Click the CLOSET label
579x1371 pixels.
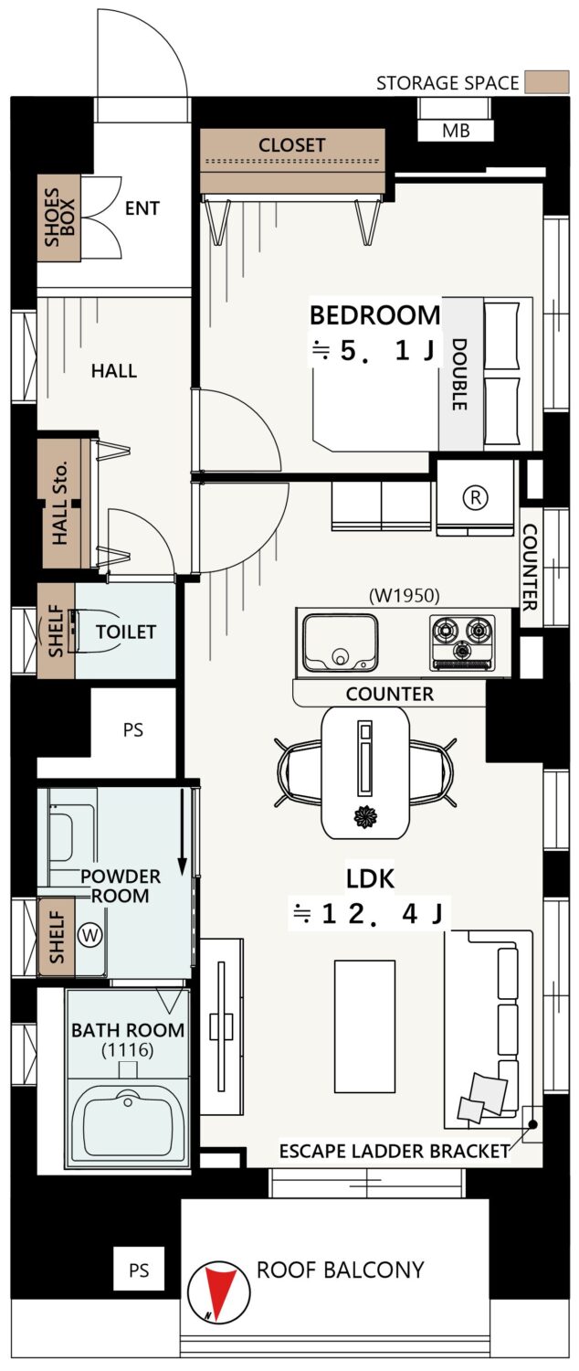[x=291, y=145]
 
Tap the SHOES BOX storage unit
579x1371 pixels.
[x=59, y=218]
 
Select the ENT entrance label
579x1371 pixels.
[x=142, y=208]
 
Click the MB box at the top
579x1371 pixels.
[x=456, y=131]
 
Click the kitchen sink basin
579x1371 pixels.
[x=341, y=642]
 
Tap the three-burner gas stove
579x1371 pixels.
[x=462, y=642]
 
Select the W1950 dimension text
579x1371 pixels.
[x=405, y=595]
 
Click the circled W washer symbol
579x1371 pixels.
[x=90, y=935]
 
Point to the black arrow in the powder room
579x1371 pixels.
[x=182, y=831]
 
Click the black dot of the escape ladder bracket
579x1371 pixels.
[x=532, y=1123]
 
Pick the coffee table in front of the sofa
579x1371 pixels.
[x=364, y=1026]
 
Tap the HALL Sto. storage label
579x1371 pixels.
[x=59, y=502]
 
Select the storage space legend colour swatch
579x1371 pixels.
[x=547, y=82]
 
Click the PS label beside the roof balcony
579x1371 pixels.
[x=139, y=1270]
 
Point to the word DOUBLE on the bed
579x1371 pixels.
[x=459, y=375]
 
